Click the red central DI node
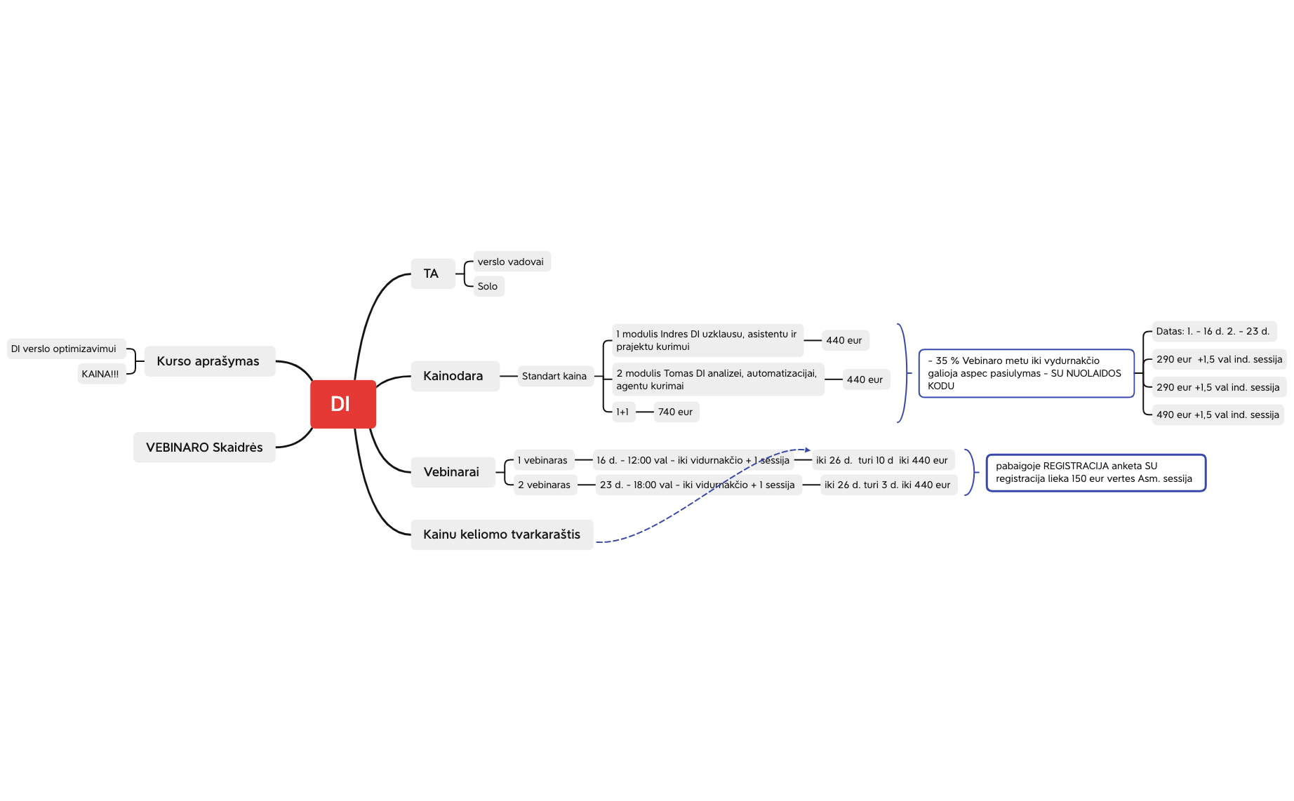(343, 404)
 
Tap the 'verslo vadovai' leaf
(512, 262)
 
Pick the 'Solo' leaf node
(488, 286)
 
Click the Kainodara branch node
(455, 376)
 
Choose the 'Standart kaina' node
(555, 376)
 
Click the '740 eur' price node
(676, 412)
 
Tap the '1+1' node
(623, 412)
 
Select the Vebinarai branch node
(453, 472)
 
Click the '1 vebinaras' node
(544, 460)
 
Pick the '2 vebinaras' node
(545, 485)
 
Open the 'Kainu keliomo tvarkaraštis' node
(502, 534)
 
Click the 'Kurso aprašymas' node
(209, 361)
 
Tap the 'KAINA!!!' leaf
(101, 374)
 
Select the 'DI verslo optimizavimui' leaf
(66, 349)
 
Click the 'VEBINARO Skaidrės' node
(204, 447)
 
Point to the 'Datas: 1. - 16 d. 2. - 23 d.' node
(1214, 331)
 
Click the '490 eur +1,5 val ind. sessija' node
(1218, 415)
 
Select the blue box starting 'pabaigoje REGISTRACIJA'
(1095, 473)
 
